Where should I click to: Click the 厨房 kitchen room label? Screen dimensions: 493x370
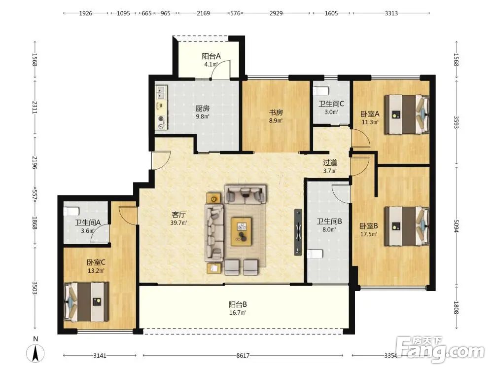203,109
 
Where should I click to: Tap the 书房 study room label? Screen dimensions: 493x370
276,112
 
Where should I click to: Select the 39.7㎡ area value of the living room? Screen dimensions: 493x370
178,223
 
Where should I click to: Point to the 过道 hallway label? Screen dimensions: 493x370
330,163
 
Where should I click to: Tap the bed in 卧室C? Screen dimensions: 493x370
86,302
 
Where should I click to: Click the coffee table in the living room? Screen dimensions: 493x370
241,231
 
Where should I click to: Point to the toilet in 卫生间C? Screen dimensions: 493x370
321,91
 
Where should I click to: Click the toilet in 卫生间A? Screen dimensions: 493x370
71,211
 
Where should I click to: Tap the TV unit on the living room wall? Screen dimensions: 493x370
298,232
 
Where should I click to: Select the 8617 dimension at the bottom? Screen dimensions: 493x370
243,356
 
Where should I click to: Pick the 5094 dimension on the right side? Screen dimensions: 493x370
456,226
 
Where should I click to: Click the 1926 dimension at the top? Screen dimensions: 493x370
85,13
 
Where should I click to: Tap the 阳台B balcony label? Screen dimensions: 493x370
238,304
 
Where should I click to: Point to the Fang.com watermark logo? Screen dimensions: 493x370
440,349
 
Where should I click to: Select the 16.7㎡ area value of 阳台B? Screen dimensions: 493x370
238,313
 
